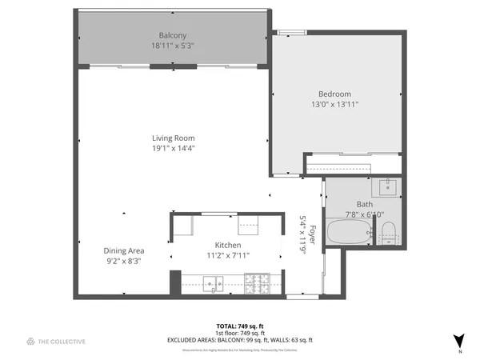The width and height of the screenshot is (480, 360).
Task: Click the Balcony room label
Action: (173, 36)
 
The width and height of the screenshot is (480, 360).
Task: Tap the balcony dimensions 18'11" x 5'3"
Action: (173, 46)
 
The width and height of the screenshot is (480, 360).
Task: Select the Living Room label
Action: (174, 138)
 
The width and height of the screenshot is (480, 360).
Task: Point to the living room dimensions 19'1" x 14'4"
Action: (174, 148)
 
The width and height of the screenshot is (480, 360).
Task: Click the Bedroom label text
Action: (334, 94)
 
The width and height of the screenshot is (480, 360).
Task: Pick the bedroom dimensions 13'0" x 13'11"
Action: (334, 104)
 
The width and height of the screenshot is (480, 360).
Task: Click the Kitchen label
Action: (228, 245)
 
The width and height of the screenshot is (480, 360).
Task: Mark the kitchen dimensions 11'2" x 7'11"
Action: (228, 255)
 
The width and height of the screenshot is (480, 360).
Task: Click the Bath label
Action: (364, 204)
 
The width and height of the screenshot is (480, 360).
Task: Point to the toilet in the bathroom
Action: (389, 233)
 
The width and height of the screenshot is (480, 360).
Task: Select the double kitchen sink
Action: (213, 282)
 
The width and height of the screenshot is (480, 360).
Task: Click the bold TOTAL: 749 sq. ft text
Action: (239, 326)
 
